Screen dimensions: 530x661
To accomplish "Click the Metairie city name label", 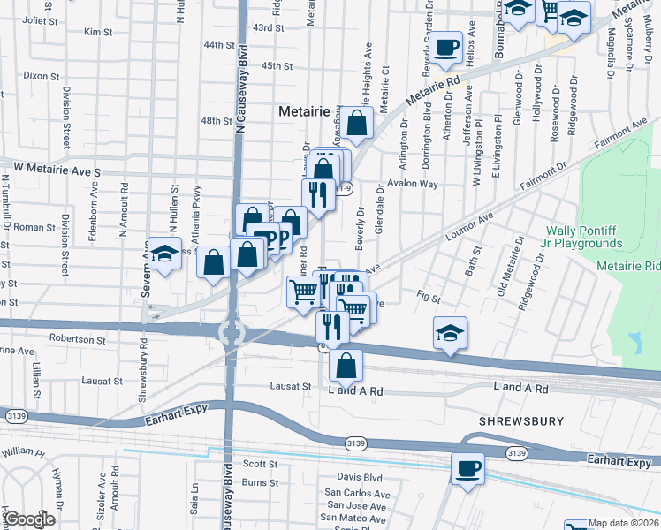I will [304, 112].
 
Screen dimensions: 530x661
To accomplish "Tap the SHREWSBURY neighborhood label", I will [521, 421].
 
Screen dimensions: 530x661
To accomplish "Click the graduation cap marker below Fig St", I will [450, 333].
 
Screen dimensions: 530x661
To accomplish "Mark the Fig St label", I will [429, 299].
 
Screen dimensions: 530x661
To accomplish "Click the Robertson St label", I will [77, 338].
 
